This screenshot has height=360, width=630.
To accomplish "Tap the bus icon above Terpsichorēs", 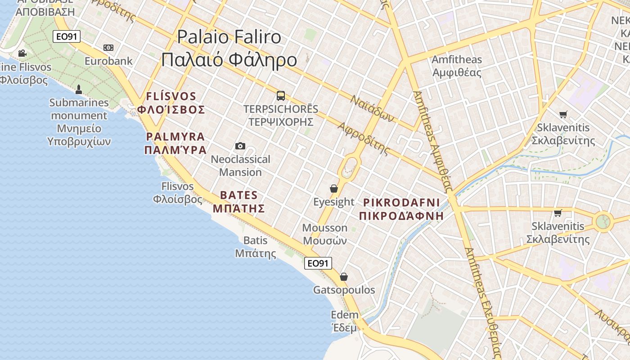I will click(x=281, y=95).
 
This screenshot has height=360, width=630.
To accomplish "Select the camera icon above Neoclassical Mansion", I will click(x=240, y=146).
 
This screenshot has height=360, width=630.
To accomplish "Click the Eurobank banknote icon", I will click(x=108, y=48).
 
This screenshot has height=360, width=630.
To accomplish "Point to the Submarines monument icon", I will click(x=79, y=89).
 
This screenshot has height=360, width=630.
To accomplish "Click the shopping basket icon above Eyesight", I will click(x=334, y=189).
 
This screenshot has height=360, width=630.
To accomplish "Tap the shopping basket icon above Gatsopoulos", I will click(x=344, y=277).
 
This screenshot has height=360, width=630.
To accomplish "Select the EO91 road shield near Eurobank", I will click(x=67, y=36).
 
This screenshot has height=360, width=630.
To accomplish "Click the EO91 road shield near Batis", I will click(x=318, y=263).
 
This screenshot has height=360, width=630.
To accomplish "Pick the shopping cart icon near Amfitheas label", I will click(x=563, y=114).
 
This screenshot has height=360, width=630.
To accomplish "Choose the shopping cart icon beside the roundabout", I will click(x=558, y=213).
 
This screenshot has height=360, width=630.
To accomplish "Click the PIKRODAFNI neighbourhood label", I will click(x=401, y=209).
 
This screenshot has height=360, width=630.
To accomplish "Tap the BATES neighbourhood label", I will click(x=238, y=202).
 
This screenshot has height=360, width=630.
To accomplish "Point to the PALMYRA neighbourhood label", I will click(x=175, y=143).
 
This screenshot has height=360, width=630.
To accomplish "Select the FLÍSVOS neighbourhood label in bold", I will click(x=171, y=103).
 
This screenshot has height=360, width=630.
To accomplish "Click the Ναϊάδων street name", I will click(x=373, y=108).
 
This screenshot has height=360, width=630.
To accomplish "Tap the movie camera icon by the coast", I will click(x=22, y=54).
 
